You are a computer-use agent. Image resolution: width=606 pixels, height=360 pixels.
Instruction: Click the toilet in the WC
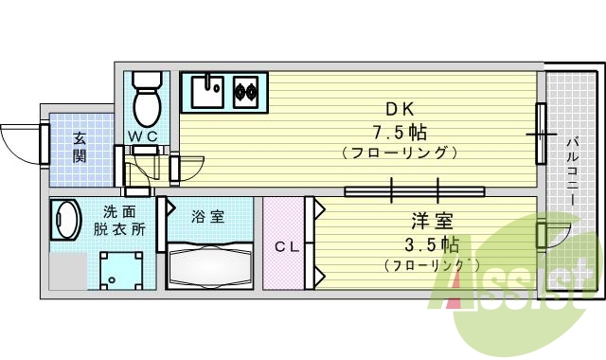pos(147,101)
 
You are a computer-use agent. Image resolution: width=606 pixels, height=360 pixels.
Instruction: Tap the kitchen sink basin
pos(207,91)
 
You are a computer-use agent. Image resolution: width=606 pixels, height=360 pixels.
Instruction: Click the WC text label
pos(143,136)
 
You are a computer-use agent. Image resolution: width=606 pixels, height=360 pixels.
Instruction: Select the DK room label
pos(399,106)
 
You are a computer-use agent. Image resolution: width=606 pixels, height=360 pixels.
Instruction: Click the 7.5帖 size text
pos(401,128)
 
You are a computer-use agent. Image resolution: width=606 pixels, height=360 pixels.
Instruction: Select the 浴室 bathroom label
pos(209,216)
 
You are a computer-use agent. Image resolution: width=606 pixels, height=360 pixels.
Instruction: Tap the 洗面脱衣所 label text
pos(118,221)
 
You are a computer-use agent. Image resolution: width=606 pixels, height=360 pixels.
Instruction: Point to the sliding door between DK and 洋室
pos(415,190)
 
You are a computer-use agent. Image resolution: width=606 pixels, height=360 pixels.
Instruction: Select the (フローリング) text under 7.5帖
pos(401,152)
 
